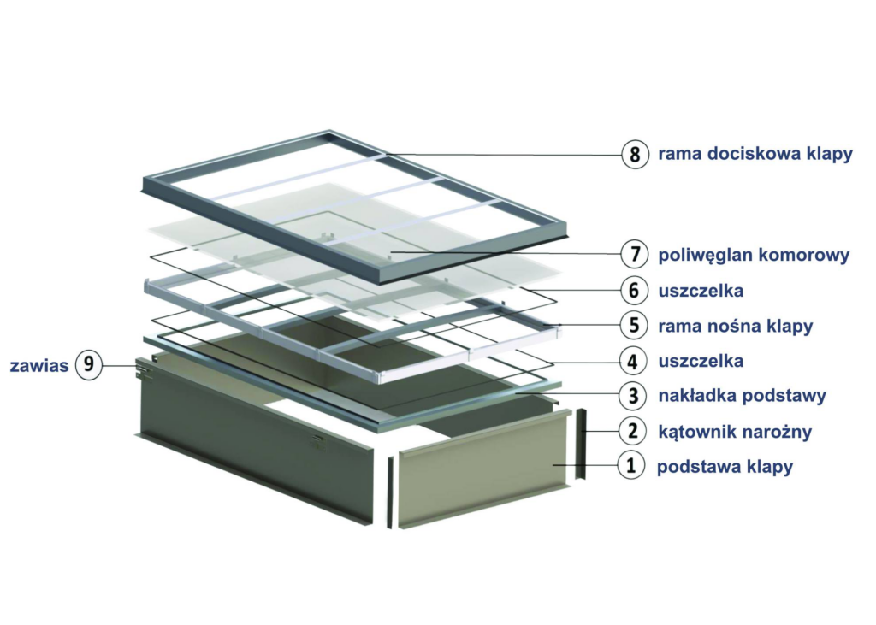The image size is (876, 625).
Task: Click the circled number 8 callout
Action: (636, 154)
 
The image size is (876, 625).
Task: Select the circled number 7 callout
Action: (635, 254)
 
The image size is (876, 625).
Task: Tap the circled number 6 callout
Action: (634, 291)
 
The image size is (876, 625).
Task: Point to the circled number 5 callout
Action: (634, 325)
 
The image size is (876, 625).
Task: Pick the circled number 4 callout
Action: (633, 361)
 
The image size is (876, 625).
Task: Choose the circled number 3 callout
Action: (633, 396)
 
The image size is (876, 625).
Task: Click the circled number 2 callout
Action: (632, 431)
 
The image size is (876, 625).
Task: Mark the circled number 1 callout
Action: (631, 465)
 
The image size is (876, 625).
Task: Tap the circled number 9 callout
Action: (89, 365)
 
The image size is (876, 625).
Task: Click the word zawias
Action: (39, 366)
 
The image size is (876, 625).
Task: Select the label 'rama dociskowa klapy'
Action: (755, 154)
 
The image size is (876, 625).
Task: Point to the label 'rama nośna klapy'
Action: (735, 327)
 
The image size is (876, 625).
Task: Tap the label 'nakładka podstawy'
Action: (742, 396)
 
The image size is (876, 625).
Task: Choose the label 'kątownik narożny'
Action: (735, 432)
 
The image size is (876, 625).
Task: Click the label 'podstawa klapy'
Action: (725, 466)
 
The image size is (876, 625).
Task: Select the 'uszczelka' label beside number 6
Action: (701, 291)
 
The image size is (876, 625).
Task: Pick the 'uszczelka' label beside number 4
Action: (701, 362)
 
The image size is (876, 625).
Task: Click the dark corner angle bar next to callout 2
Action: (582, 444)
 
